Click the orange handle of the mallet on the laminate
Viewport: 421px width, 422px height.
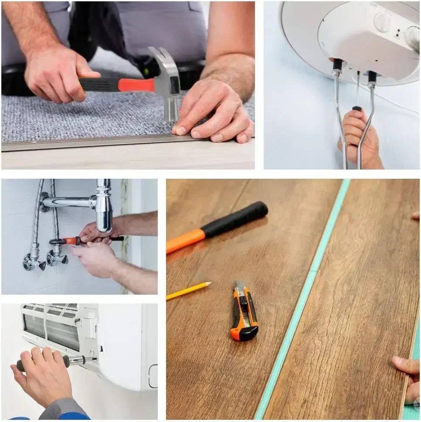click(185, 242)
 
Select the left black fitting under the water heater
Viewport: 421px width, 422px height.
click(337, 65)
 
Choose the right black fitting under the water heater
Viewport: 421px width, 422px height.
click(372, 77)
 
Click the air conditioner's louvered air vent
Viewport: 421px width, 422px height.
click(51, 327)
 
